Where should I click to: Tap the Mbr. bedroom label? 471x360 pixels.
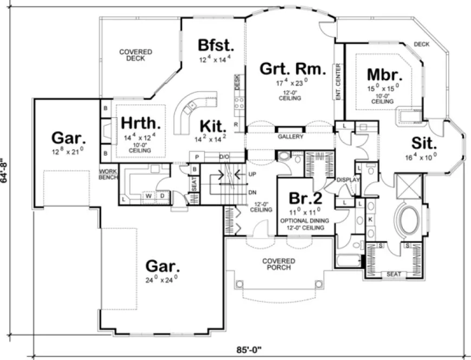(x=383, y=74)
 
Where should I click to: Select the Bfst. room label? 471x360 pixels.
(x=215, y=44)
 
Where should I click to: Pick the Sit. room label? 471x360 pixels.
(x=424, y=143)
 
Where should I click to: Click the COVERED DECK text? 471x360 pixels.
(x=136, y=55)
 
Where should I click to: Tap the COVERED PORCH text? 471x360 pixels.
(x=279, y=264)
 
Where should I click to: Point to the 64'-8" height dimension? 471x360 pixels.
(x=5, y=171)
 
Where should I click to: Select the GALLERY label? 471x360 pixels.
(x=290, y=137)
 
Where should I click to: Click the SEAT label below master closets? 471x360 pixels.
(x=393, y=274)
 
